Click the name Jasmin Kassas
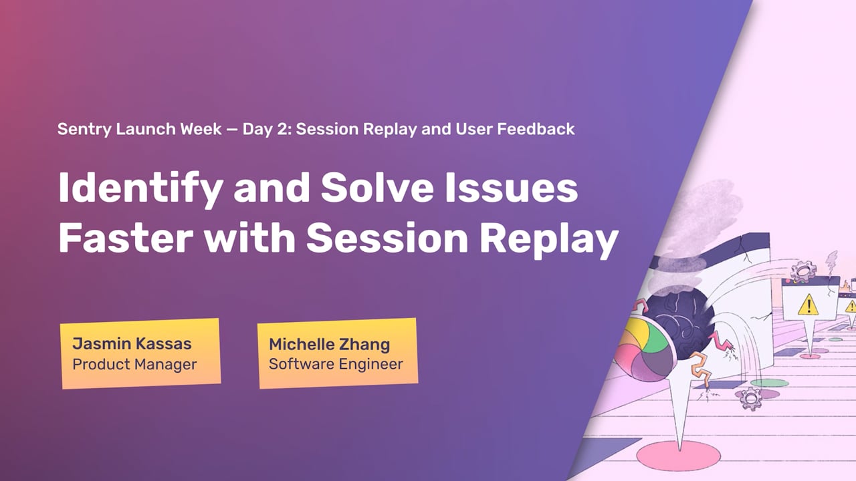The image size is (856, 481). [132, 343]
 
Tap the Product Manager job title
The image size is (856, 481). [134, 365]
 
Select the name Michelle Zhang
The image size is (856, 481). [330, 345]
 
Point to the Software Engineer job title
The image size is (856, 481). [336, 364]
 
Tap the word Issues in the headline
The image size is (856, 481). [512, 188]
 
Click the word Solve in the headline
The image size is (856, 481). [377, 188]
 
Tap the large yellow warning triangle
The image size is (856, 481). [808, 305]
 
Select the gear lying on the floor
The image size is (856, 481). [751, 399]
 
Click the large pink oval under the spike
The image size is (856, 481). [678, 456]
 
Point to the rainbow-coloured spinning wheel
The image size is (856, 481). [646, 349]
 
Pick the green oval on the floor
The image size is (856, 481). [769, 383]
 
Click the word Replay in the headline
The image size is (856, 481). [549, 239]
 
